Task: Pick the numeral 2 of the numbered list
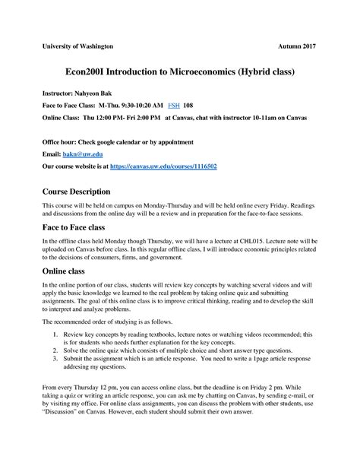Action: (57, 349)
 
